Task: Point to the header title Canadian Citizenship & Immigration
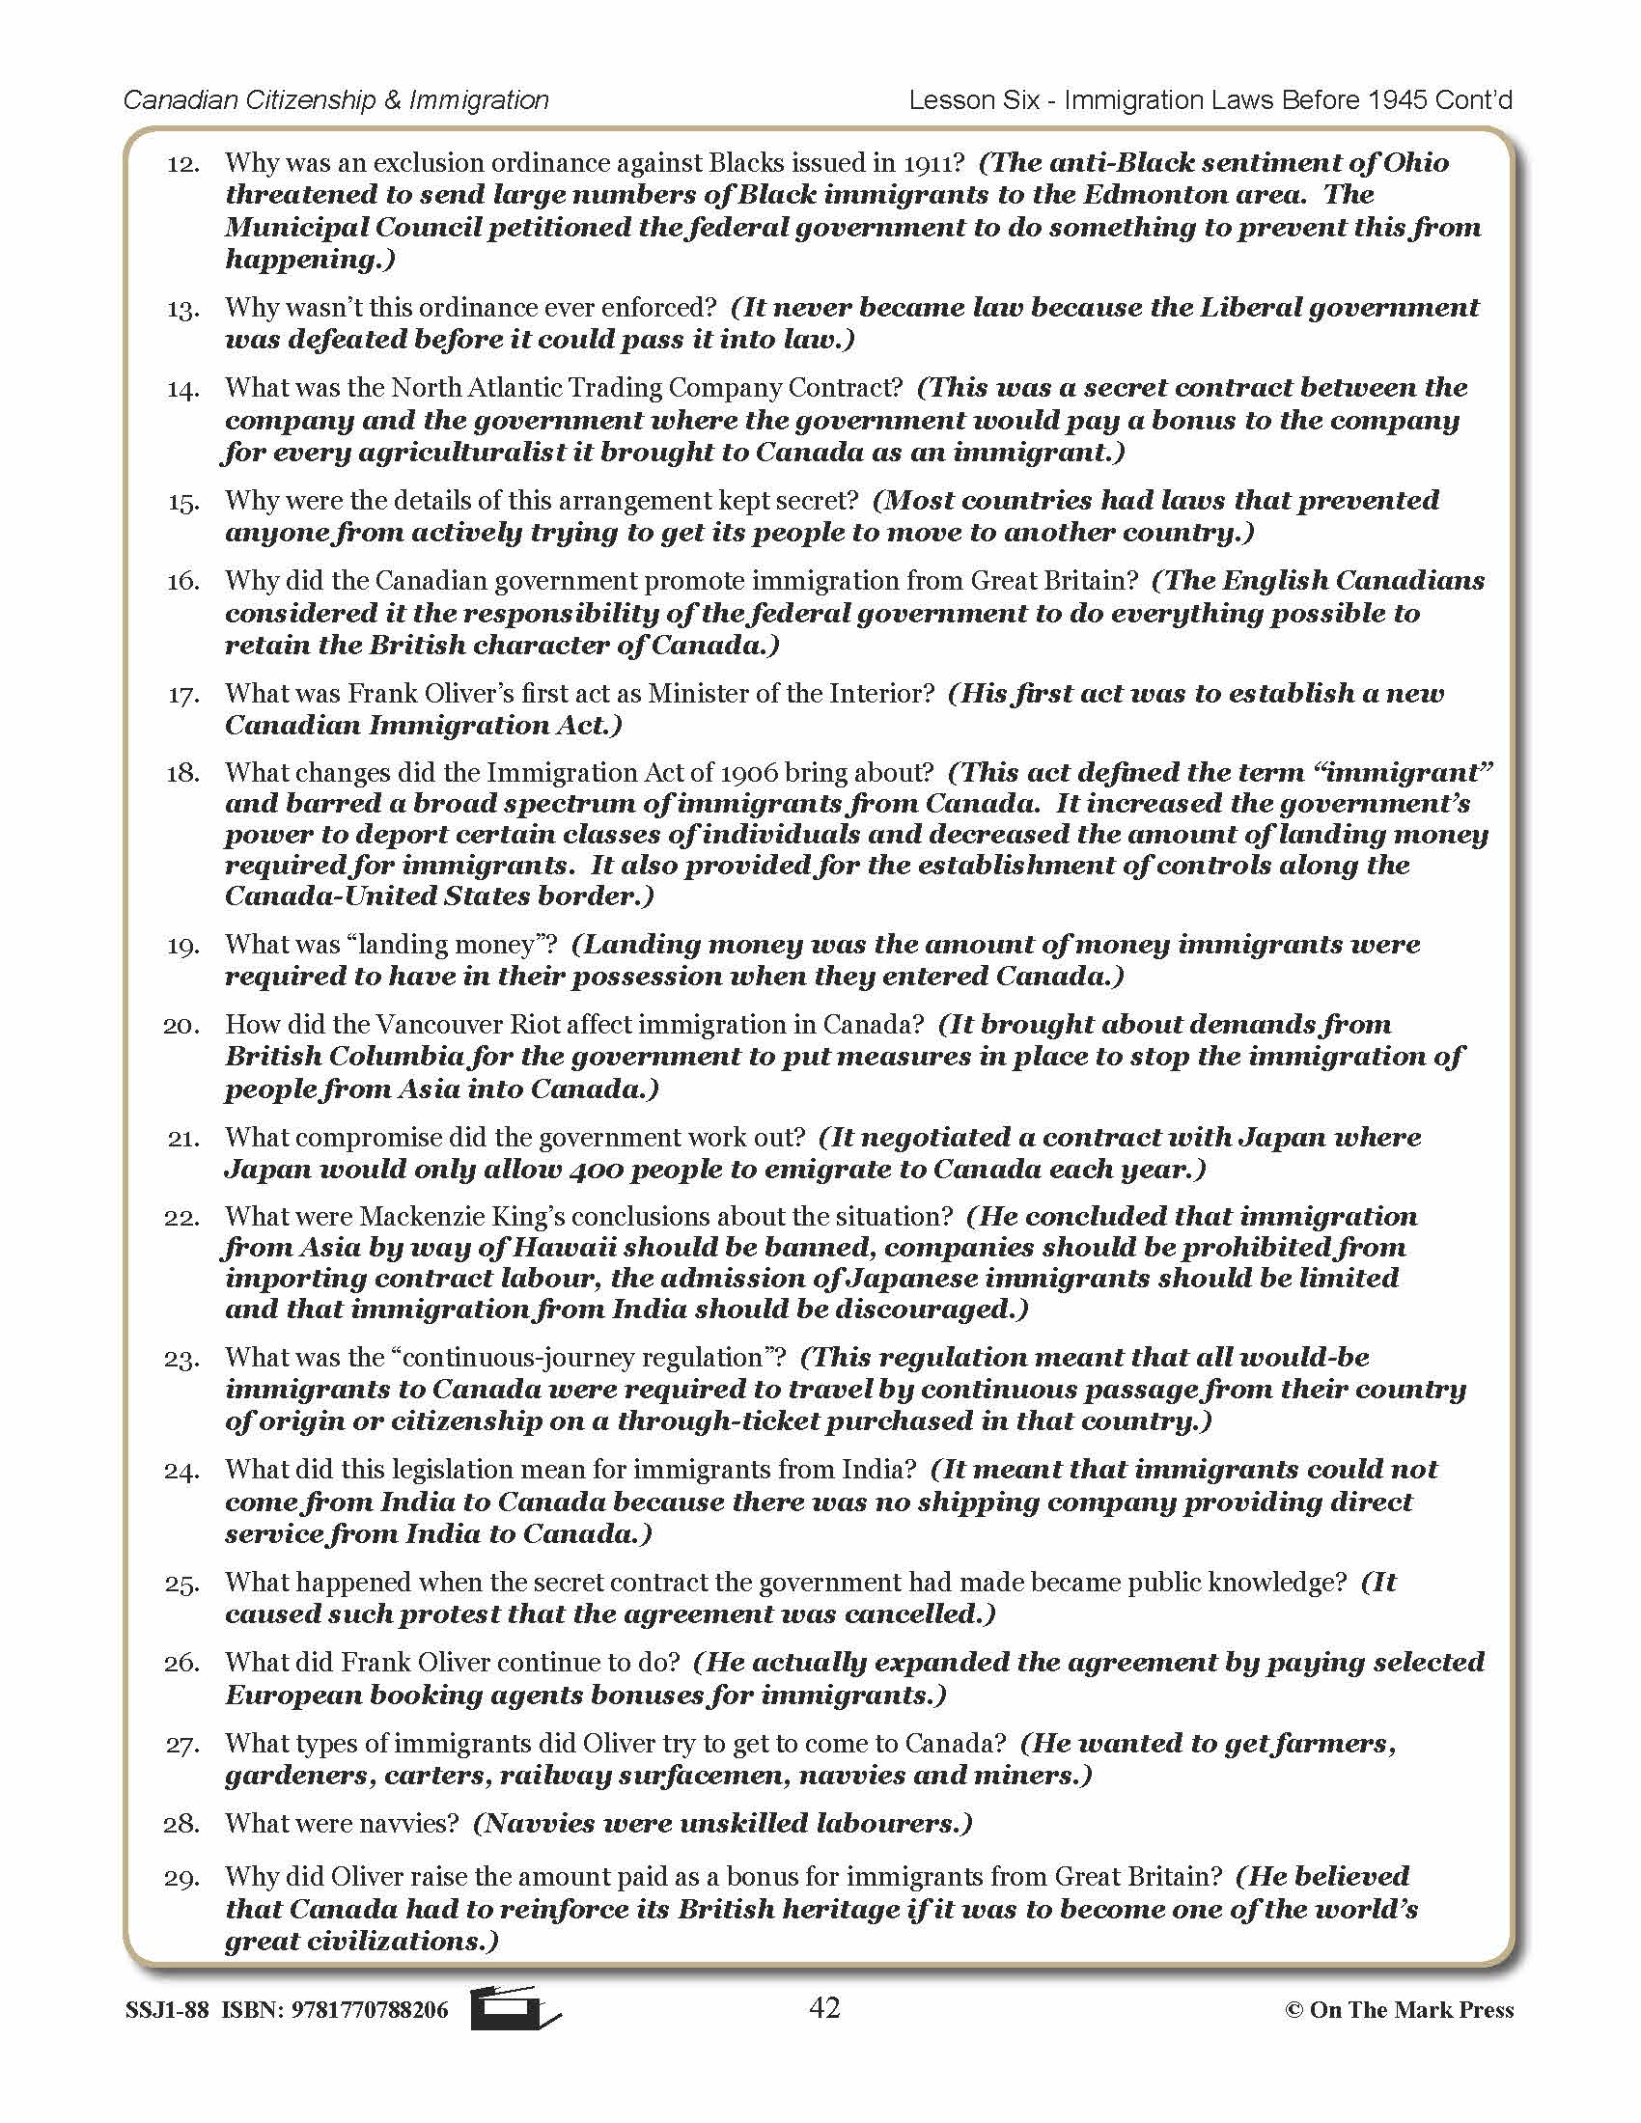click(336, 100)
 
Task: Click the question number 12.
click(182, 164)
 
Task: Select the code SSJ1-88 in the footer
click(166, 2010)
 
